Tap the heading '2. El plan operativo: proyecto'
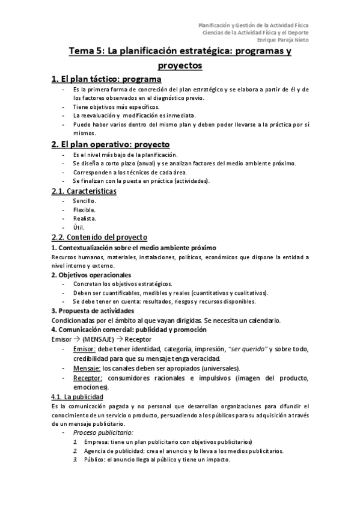pyautogui.click(x=111, y=144)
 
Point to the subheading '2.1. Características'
pyautogui.click(x=84, y=191)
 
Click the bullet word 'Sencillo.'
pyautogui.click(x=84, y=201)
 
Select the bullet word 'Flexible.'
pyautogui.click(x=84, y=210)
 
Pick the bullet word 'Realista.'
pyautogui.click(x=85, y=219)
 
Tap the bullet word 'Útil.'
pyautogui.click(x=79, y=228)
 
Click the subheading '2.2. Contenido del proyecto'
pyautogui.click(x=99, y=238)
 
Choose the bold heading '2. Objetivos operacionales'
pyautogui.click(x=90, y=275)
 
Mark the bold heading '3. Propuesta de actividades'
pyautogui.click(x=93, y=311)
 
